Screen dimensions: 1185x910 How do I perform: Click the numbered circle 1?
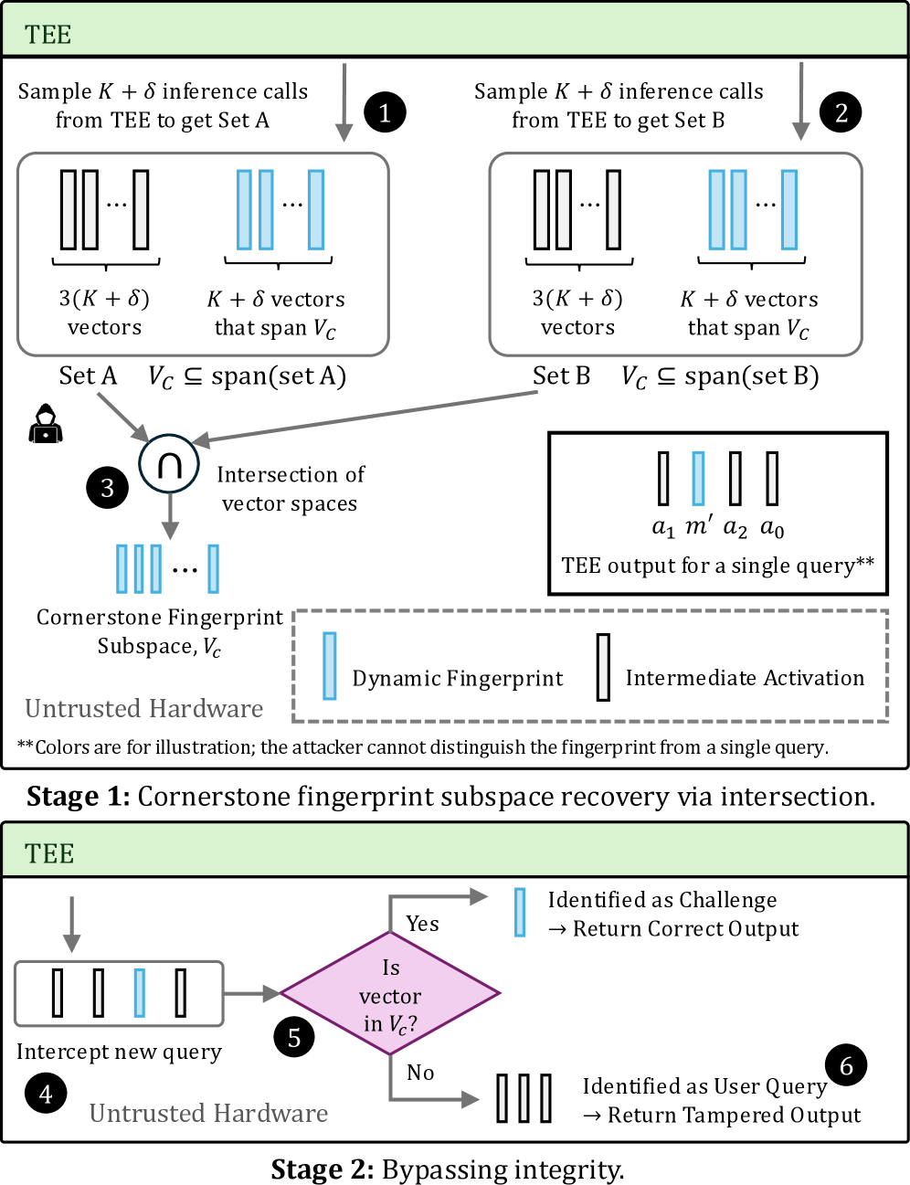point(385,112)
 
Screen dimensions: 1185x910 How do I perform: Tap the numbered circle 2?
point(841,112)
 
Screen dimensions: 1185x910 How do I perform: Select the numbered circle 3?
point(107,488)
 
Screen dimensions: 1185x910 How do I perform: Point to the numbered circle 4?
point(46,1093)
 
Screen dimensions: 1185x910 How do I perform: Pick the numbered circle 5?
point(294,1037)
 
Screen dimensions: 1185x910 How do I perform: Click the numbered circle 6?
point(846,1065)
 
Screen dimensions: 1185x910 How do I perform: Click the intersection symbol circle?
point(169,464)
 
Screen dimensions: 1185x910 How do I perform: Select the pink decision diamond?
point(390,994)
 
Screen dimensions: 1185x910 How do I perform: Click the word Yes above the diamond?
point(422,924)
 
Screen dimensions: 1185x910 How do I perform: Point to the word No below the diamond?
point(420,1073)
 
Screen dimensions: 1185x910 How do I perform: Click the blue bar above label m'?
point(698,479)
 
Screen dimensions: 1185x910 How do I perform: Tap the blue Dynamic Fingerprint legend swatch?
point(330,666)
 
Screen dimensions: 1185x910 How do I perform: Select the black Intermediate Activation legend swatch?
point(603,668)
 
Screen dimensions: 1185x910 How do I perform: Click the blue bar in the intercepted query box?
point(140,993)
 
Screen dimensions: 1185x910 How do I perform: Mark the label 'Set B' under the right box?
point(561,376)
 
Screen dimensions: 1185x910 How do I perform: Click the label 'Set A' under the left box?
point(88,376)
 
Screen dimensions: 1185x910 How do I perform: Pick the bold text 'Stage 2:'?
point(322,1169)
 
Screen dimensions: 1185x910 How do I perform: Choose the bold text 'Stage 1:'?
point(79,797)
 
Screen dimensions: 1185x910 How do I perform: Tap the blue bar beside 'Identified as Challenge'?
point(520,913)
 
